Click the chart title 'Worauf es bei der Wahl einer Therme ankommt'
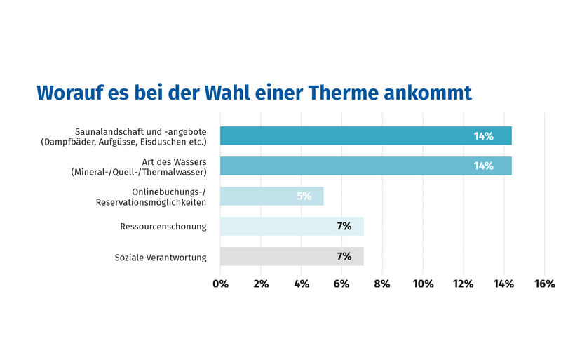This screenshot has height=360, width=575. (254, 93)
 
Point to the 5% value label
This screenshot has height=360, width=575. (304, 196)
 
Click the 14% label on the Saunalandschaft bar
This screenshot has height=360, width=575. (483, 135)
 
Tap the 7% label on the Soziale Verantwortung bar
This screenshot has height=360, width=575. (344, 256)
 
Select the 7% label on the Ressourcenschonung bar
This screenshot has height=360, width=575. (344, 226)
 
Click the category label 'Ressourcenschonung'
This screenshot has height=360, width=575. (163, 227)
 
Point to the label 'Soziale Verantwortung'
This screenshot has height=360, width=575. (161, 258)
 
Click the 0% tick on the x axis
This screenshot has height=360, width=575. (220, 284)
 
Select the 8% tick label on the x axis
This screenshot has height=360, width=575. (382, 284)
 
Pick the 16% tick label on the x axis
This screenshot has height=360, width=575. (544, 284)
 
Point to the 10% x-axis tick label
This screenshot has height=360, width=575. (423, 284)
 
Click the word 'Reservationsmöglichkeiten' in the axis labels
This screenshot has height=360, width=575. (151, 202)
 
